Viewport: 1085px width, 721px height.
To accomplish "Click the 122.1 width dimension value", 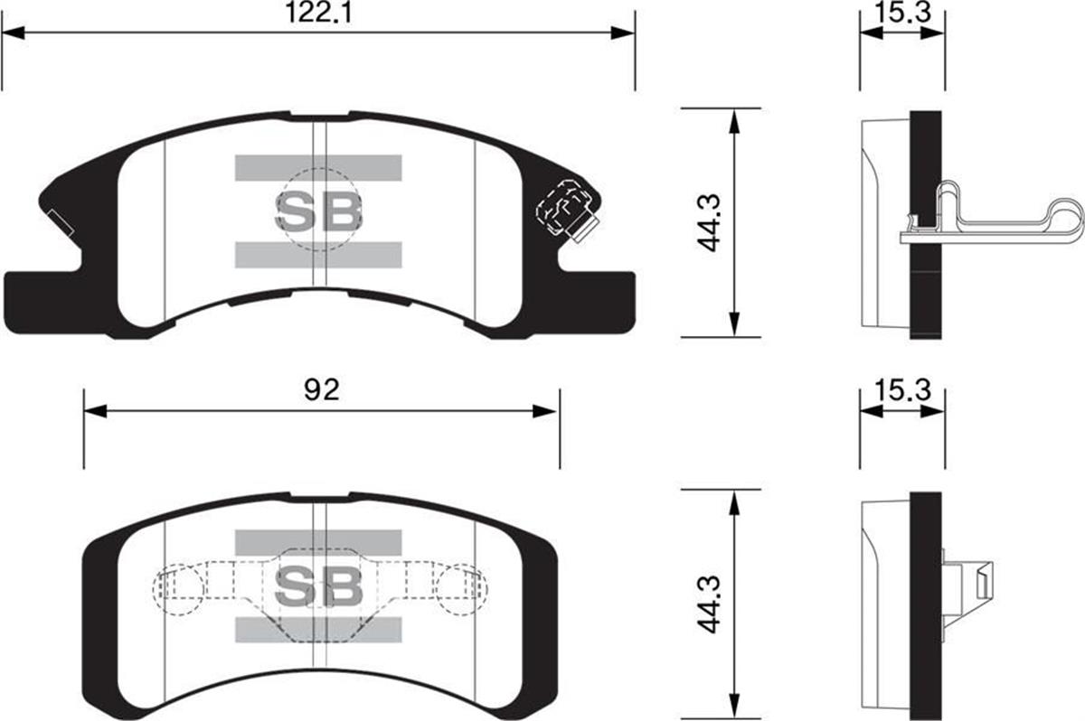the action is [x=318, y=13].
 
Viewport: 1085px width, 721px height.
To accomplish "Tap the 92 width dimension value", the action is [x=322, y=390].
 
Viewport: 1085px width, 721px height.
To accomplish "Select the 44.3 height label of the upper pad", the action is [x=709, y=222].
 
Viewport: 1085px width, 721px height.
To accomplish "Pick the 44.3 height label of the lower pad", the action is [x=709, y=604].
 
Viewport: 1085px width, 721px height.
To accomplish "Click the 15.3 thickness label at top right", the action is [x=903, y=13].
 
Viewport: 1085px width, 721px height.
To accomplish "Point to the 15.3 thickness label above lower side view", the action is [x=903, y=390].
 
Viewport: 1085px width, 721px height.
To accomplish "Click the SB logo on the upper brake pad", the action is [x=318, y=211].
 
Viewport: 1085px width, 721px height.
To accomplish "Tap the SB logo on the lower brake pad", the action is [x=318, y=586].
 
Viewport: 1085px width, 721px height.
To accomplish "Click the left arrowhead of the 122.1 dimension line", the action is [x=13, y=33].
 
